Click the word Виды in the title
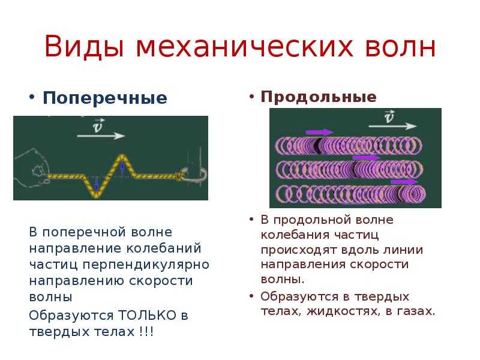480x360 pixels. (x=84, y=47)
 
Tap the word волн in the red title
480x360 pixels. (x=400, y=47)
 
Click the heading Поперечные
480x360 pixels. (x=104, y=98)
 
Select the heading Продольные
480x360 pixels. (x=319, y=97)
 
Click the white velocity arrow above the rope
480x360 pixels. (x=101, y=136)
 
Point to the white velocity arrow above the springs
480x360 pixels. (x=392, y=126)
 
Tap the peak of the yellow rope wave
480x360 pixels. (x=122, y=156)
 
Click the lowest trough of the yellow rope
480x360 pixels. (x=97, y=196)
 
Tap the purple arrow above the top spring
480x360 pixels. (x=319, y=132)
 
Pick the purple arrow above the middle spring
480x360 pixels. (x=366, y=158)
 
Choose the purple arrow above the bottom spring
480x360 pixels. (x=404, y=182)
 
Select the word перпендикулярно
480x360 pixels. (x=146, y=265)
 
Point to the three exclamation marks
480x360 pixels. (x=146, y=332)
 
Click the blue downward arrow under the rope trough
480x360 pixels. (x=97, y=184)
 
